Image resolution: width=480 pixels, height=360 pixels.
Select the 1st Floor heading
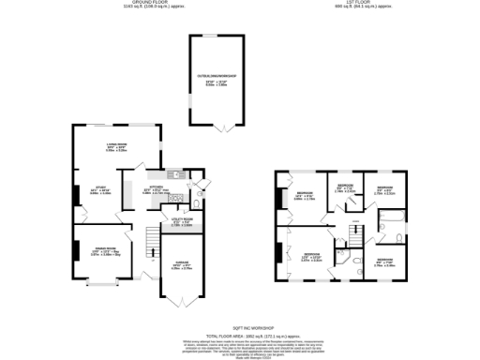pyautogui.click(x=352, y=5)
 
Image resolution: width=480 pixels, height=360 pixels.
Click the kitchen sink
pyautogui.click(x=174, y=174)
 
